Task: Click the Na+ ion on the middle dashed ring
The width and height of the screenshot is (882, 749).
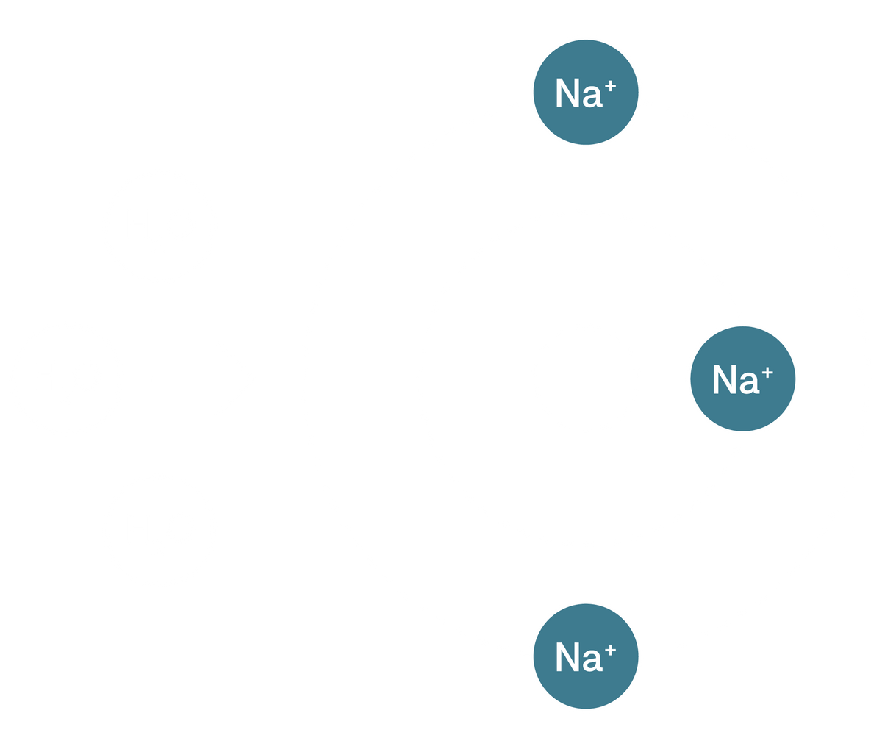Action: pyautogui.click(x=742, y=379)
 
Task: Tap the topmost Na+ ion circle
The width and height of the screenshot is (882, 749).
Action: pyautogui.click(x=586, y=93)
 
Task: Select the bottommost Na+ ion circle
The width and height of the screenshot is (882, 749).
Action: pyautogui.click(x=586, y=656)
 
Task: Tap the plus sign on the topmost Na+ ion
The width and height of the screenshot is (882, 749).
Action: pyautogui.click(x=609, y=86)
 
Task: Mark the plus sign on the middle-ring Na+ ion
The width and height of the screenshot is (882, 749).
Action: pyautogui.click(x=767, y=372)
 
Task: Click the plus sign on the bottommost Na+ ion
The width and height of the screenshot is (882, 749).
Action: pyautogui.click(x=609, y=649)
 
